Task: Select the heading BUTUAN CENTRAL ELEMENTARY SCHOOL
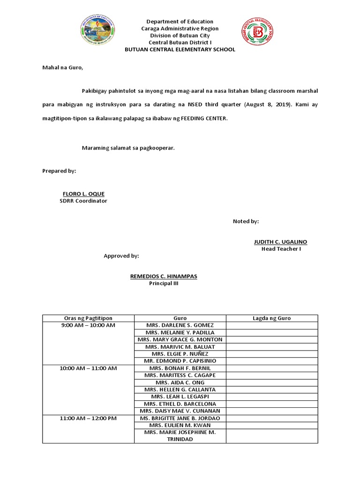click(180, 50)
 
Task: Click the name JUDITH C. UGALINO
click(280, 242)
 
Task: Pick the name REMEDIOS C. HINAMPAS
click(163, 277)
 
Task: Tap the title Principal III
click(164, 284)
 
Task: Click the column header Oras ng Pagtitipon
click(88, 318)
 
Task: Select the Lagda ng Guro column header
click(272, 318)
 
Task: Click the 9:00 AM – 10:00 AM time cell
click(88, 325)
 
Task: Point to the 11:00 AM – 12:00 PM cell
click(88, 418)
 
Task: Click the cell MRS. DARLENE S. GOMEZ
click(180, 325)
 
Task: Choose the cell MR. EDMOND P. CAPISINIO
click(180, 361)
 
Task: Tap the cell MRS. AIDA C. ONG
click(180, 382)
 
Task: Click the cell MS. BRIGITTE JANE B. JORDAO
click(180, 418)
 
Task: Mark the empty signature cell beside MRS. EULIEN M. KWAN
click(272, 425)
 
